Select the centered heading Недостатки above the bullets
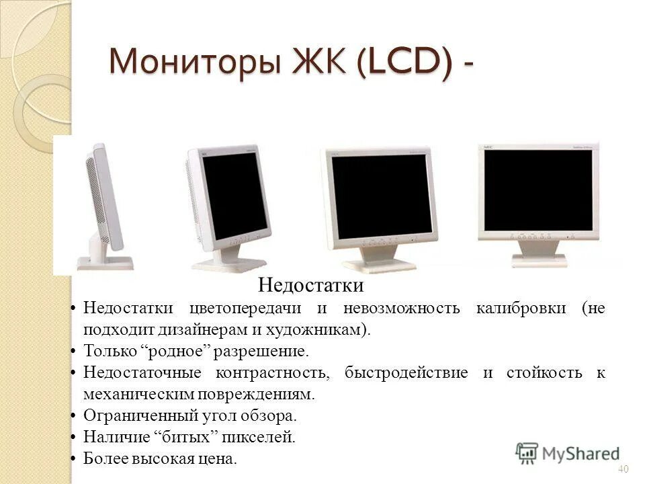point(311,286)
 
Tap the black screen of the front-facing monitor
point(538,190)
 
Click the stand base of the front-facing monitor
point(538,259)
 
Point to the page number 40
point(622,469)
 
